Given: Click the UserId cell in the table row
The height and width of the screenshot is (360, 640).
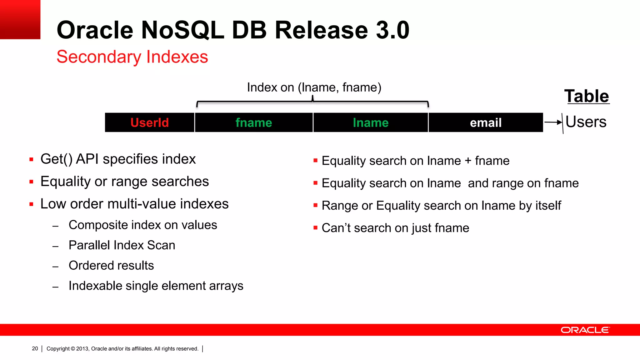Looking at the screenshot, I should pyautogui.click(x=149, y=122).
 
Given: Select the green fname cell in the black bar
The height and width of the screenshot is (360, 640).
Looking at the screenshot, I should pyautogui.click(x=253, y=122).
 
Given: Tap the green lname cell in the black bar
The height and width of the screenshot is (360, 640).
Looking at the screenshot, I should pyautogui.click(x=370, y=122).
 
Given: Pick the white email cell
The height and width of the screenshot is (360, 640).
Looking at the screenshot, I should pyautogui.click(x=485, y=122).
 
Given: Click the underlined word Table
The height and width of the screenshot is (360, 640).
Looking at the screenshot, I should pyautogui.click(x=587, y=96).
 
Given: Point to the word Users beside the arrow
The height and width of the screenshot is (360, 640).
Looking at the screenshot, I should pyautogui.click(x=586, y=122).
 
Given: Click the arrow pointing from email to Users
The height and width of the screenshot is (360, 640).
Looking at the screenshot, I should pyautogui.click(x=553, y=122).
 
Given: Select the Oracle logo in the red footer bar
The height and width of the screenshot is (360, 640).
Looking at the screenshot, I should pyautogui.click(x=585, y=330).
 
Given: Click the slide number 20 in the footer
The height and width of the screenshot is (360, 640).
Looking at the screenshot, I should pyautogui.click(x=35, y=348).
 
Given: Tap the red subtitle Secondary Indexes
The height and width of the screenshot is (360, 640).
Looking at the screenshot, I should pyautogui.click(x=132, y=57).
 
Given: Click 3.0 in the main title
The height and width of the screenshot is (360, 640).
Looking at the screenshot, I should pyautogui.click(x=392, y=30).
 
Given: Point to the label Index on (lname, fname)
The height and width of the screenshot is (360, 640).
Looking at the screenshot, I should pyautogui.click(x=314, y=87).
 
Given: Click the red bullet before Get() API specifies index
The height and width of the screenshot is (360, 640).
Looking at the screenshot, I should pyautogui.click(x=31, y=159).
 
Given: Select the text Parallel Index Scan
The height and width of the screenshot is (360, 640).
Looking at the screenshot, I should pyautogui.click(x=122, y=245).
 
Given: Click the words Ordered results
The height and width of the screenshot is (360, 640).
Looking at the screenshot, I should pyautogui.click(x=111, y=266).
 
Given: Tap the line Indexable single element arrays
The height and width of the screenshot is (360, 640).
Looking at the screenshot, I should pyautogui.click(x=156, y=286).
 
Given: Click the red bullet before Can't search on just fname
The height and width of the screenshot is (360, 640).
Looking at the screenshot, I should pyautogui.click(x=315, y=228).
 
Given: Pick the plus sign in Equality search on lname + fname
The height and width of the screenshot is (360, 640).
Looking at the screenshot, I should pyautogui.click(x=468, y=161).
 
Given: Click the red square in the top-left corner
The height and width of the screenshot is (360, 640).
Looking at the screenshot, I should pyautogui.click(x=20, y=19).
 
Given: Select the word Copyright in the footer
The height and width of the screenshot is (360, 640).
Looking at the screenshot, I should pyautogui.click(x=58, y=348).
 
